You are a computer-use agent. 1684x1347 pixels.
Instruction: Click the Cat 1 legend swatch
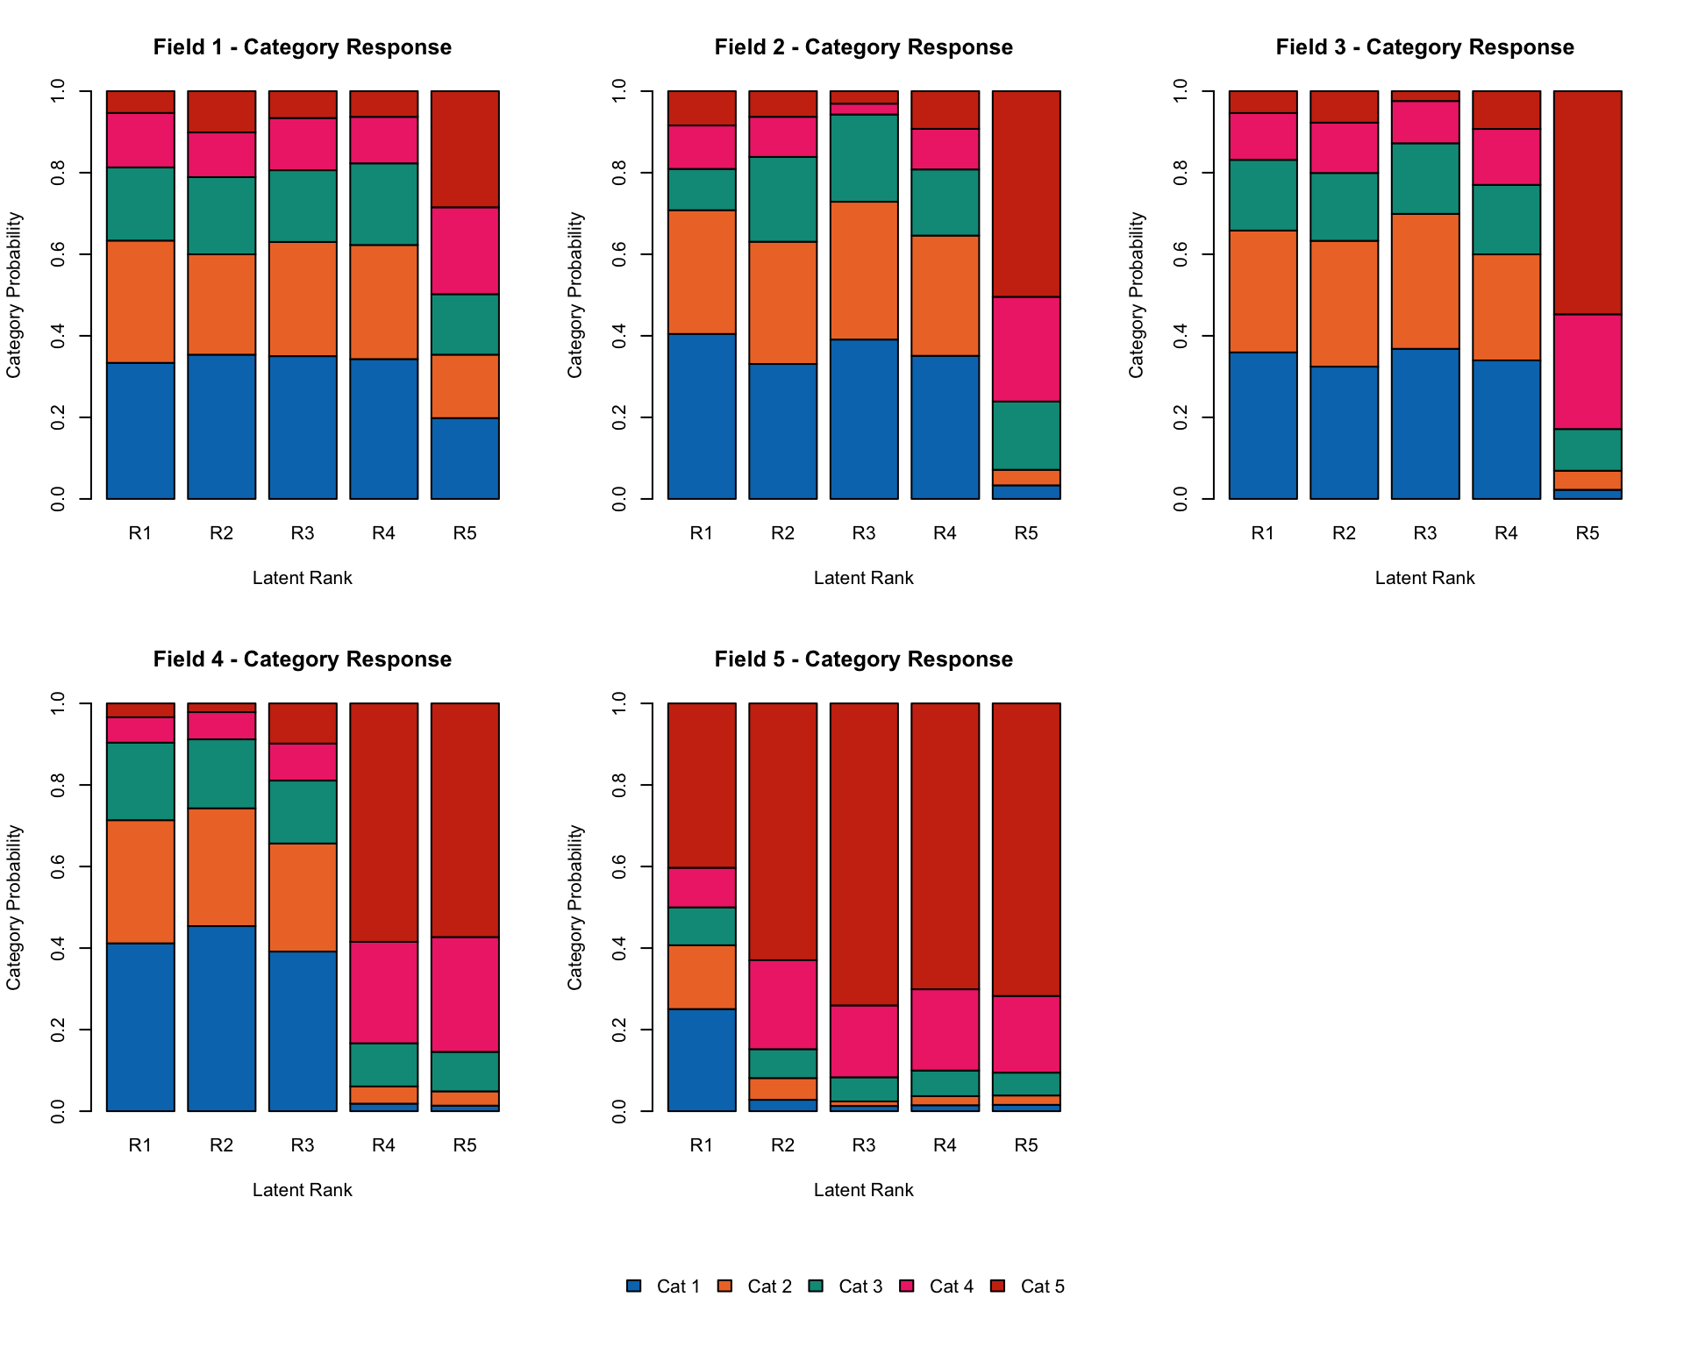click(633, 1286)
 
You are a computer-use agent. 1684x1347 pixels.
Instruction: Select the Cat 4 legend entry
click(951, 1286)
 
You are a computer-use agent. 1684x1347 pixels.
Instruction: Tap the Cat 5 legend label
click(1042, 1286)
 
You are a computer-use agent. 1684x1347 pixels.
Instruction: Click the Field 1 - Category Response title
click(302, 47)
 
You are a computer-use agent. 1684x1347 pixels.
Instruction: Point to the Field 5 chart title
click(863, 659)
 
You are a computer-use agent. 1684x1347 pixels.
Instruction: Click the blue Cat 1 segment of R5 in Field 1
click(465, 458)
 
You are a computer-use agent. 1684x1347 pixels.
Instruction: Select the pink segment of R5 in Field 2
click(1026, 349)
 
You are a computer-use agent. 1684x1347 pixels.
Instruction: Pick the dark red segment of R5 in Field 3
click(1588, 202)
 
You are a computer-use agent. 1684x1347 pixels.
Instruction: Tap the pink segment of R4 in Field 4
click(383, 992)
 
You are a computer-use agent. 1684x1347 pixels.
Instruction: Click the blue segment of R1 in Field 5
click(702, 1059)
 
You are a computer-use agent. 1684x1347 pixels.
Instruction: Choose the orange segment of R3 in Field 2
click(864, 270)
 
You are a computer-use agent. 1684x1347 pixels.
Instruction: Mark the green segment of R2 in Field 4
click(221, 773)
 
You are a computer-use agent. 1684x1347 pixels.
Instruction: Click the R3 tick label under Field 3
click(1424, 533)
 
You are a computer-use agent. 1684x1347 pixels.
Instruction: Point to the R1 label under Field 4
click(140, 1145)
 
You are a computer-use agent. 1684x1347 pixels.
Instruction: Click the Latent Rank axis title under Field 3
click(1424, 578)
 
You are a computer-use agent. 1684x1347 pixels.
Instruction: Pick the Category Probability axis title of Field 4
click(13, 907)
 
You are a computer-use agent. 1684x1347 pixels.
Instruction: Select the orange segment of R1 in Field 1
click(140, 301)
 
